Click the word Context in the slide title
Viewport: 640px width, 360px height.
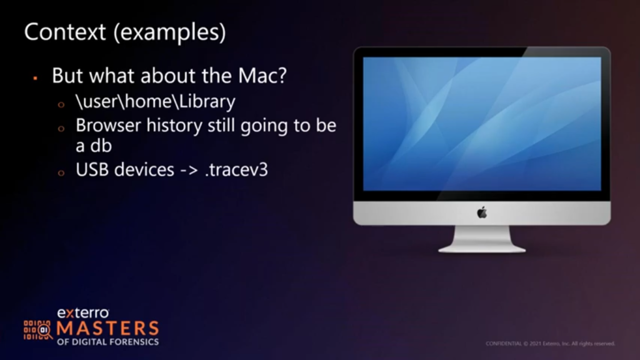(x=65, y=32)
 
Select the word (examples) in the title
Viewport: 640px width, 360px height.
(x=169, y=32)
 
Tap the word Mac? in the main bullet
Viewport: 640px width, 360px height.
(x=262, y=76)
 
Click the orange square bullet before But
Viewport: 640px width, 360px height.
(x=36, y=77)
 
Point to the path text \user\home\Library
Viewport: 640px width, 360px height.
(x=156, y=102)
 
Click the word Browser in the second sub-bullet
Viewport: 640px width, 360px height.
(x=108, y=125)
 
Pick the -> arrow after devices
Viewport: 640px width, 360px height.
(x=189, y=170)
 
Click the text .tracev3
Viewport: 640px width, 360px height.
(x=236, y=170)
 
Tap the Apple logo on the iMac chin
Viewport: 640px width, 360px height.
(x=482, y=212)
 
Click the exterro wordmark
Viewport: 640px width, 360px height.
(x=83, y=313)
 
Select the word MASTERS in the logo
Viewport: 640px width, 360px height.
(x=107, y=329)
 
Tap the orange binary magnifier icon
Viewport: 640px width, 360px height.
(x=38, y=330)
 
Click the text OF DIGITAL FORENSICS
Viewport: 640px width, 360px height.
(x=107, y=342)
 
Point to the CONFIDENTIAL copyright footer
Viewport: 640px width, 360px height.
(x=550, y=344)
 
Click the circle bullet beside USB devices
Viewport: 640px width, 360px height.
(x=61, y=173)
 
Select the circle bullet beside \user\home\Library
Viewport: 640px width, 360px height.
(x=61, y=104)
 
